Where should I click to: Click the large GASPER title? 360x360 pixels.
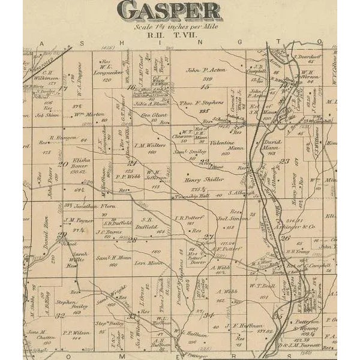click(x=169, y=10)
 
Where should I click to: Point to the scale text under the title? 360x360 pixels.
click(x=169, y=28)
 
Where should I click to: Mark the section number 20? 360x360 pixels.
click(x=62, y=163)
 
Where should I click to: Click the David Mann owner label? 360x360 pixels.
click(x=271, y=145)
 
